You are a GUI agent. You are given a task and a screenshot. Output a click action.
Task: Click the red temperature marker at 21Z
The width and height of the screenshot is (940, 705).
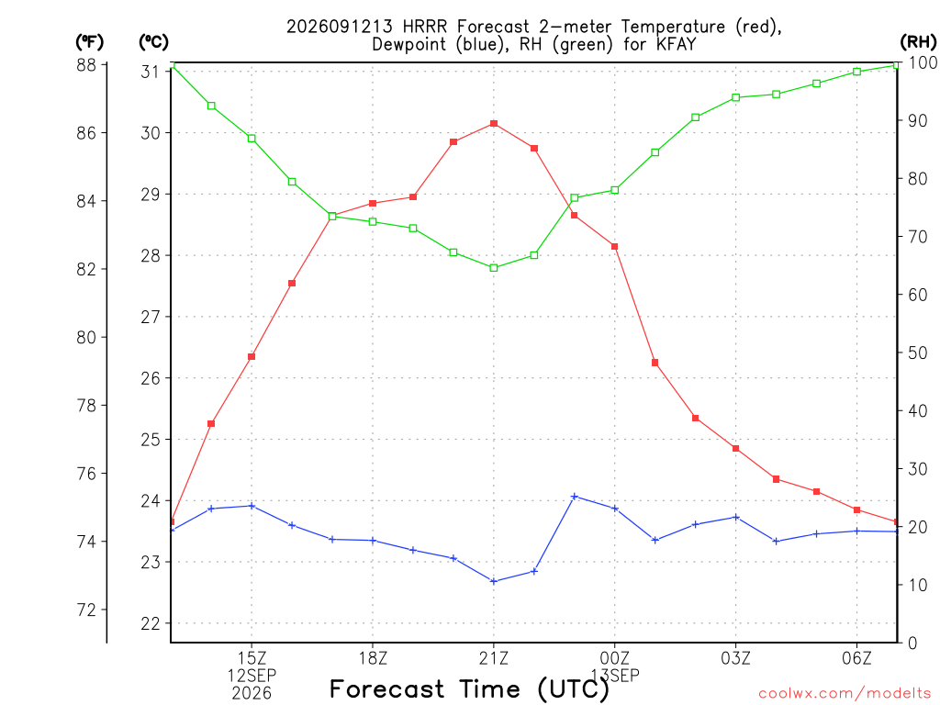point(494,124)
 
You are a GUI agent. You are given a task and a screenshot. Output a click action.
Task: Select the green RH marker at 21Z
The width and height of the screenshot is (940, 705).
point(494,268)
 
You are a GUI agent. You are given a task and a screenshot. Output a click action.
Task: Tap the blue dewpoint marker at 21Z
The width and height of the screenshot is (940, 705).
point(494,581)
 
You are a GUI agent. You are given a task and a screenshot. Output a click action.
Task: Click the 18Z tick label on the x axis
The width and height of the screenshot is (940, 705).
point(373,658)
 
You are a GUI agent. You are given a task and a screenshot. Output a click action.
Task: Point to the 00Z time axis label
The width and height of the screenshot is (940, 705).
point(615,658)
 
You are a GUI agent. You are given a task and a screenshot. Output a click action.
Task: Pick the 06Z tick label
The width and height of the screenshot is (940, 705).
point(856,658)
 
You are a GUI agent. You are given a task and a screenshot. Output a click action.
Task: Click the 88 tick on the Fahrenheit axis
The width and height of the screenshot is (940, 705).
point(86,65)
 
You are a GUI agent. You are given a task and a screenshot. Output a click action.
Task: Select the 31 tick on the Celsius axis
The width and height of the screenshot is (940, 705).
point(151,72)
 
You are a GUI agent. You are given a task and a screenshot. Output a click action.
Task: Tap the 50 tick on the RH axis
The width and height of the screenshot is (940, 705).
point(918,353)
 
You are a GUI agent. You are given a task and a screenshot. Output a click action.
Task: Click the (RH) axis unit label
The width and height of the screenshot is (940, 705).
point(918,42)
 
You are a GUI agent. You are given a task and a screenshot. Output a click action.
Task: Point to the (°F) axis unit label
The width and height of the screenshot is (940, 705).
point(89,42)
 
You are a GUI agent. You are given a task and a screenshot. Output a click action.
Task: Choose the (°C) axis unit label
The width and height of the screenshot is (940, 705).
point(154,42)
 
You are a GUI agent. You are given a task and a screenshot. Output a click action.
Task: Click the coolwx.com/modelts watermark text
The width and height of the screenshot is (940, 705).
point(845,693)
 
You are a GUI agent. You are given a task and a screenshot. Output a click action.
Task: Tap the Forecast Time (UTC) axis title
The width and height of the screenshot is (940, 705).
point(469,689)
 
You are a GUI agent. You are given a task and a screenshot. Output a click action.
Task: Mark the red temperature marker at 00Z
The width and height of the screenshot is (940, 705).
point(615,246)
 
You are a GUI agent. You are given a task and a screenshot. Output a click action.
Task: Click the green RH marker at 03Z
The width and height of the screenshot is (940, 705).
point(736,97)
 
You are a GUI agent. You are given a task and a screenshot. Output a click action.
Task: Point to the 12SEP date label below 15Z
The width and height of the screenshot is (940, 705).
point(252,676)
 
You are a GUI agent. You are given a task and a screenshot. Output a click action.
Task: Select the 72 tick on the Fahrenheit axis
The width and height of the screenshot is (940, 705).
point(86,610)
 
